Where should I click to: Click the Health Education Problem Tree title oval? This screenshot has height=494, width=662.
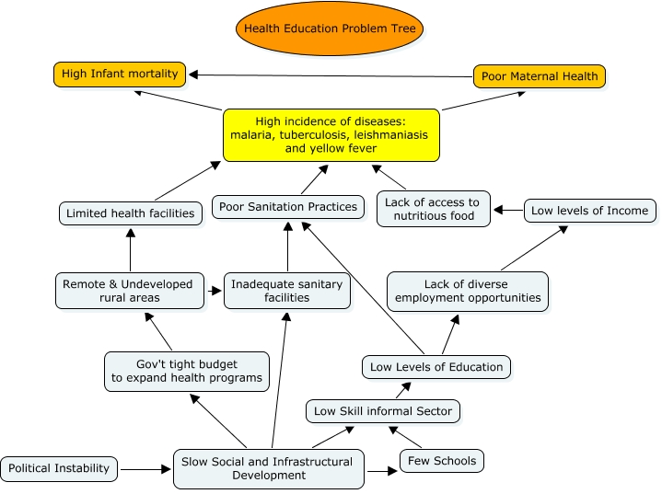[x=330, y=29]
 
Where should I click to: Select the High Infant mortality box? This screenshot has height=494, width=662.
[x=120, y=74]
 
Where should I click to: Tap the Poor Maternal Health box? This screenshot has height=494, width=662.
[x=540, y=76]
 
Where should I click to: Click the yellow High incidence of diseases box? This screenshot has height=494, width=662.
[x=331, y=134]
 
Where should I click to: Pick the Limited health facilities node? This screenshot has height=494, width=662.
[x=130, y=213]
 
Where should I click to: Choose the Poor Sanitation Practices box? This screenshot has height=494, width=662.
[x=288, y=207]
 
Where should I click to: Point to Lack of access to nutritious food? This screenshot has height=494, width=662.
[x=433, y=209]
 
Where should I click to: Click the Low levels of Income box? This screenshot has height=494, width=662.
[x=590, y=211]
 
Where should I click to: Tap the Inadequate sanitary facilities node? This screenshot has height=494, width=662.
[x=286, y=291]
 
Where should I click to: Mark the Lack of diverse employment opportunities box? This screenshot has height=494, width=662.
[x=467, y=291]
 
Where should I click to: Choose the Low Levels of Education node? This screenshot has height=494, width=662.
[x=436, y=367]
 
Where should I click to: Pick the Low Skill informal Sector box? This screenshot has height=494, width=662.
[x=383, y=411]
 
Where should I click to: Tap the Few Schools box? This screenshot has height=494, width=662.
[x=442, y=460]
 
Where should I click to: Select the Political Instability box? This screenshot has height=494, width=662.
[x=59, y=468]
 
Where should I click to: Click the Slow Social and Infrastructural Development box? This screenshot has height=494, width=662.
[x=268, y=468]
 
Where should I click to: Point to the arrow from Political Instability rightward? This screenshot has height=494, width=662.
[x=145, y=469]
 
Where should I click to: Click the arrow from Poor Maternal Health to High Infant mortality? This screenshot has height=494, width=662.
[x=331, y=75]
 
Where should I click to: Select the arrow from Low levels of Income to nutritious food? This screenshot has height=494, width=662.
[x=508, y=211]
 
